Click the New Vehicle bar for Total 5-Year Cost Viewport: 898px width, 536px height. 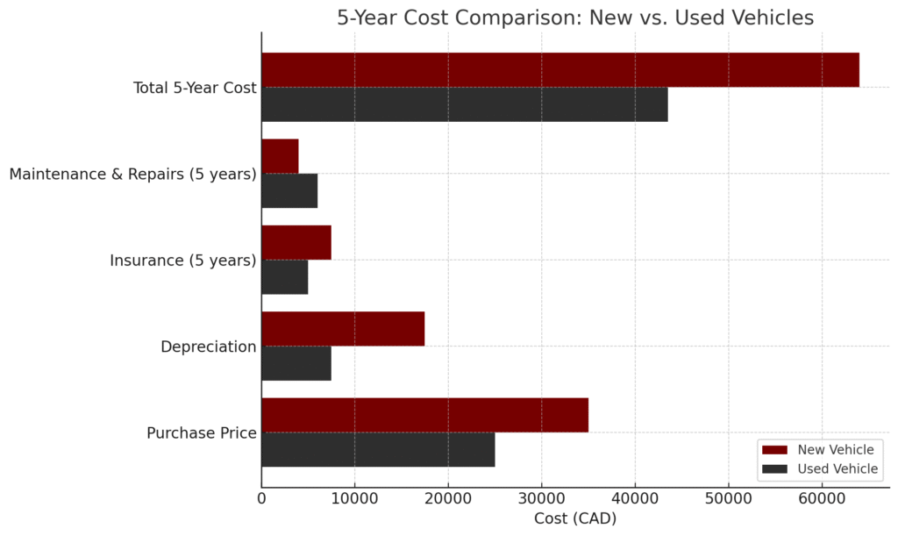tap(559, 70)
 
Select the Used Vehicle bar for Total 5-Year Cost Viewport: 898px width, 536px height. tap(464, 104)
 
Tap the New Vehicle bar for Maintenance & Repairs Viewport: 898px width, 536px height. tap(280, 156)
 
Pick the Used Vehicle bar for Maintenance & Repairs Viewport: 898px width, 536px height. tap(289, 190)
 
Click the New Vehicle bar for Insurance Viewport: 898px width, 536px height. tap(296, 242)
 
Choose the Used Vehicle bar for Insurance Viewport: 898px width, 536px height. tap(285, 276)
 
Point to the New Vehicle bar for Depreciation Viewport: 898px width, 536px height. tap(343, 328)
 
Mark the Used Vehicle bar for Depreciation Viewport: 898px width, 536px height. tap(296, 363)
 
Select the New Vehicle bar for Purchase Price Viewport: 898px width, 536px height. tap(424, 415)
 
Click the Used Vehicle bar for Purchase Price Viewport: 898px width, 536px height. tap(378, 449)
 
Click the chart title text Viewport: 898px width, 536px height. tap(575, 18)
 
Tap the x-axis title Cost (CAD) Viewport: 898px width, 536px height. tap(575, 518)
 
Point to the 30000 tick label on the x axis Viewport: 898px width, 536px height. tap(541, 497)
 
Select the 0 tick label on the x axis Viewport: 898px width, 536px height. tap(261, 497)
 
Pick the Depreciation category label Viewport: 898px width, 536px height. tap(209, 347)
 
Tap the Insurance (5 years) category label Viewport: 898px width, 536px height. tap(183, 261)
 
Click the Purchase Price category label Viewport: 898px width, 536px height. tap(202, 432)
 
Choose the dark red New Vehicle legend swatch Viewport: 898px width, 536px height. tap(774, 450)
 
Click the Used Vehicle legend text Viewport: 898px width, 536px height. tap(837, 469)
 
